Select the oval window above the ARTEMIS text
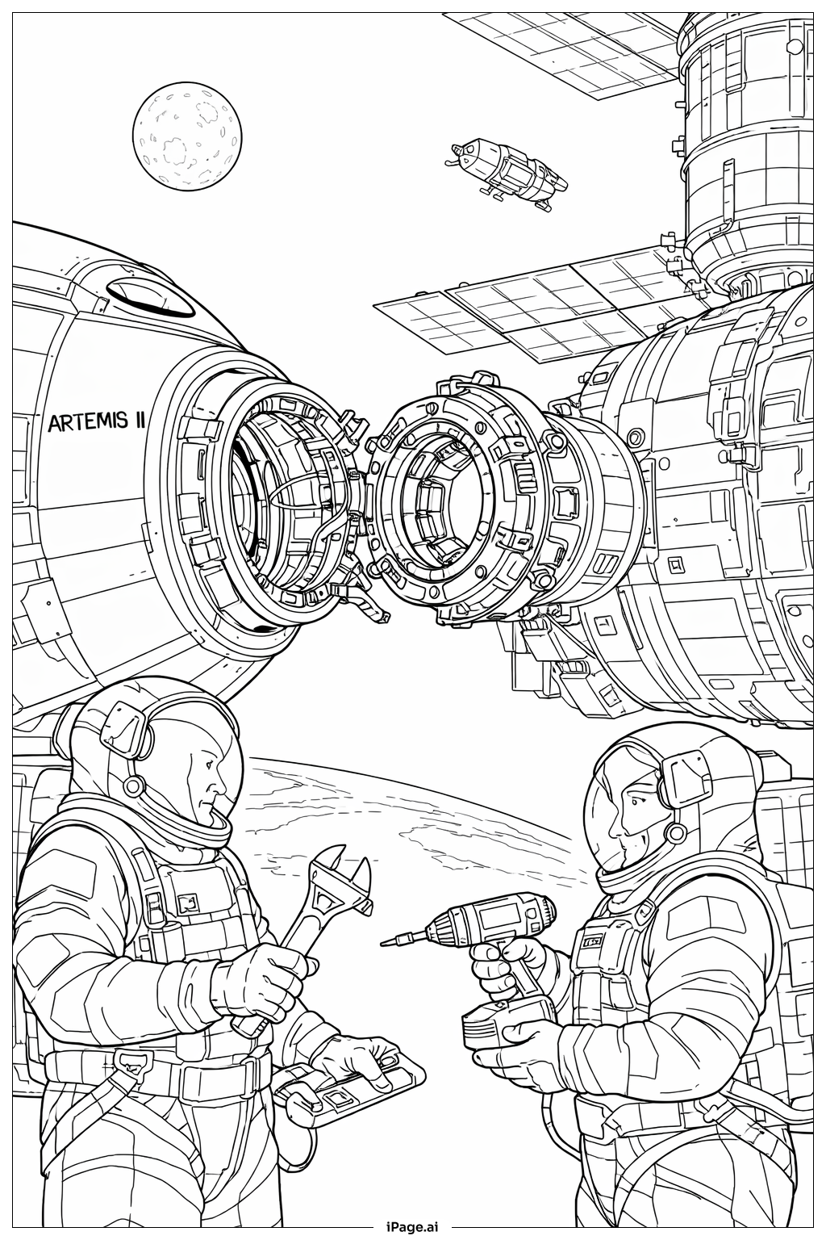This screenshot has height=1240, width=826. pyautogui.click(x=152, y=295)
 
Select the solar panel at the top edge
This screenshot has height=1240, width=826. pyautogui.click(x=557, y=48)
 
